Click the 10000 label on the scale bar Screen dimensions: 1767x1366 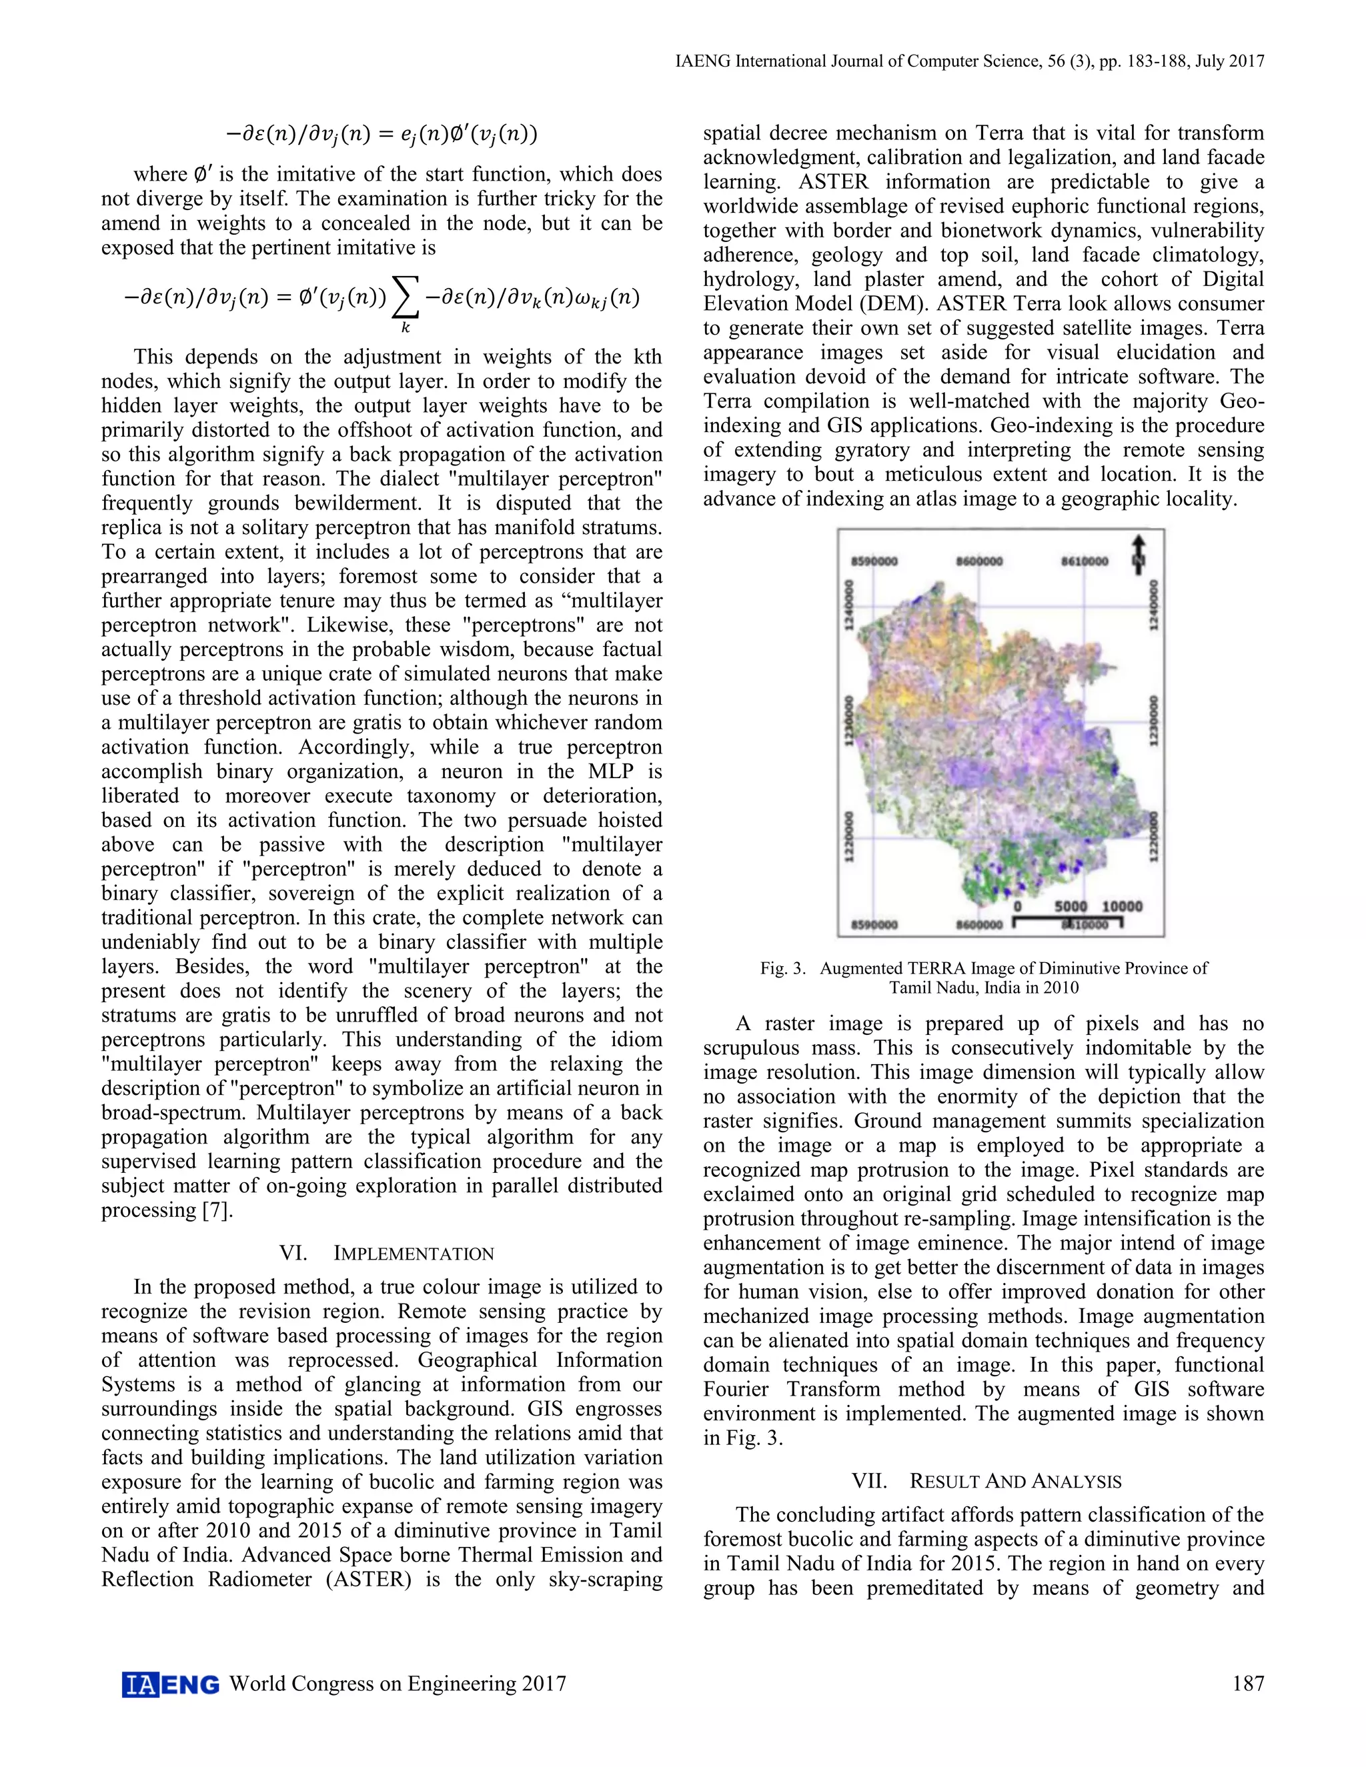(1123, 906)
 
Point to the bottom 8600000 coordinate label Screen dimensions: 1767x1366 (978, 924)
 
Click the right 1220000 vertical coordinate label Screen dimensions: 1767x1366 (1153, 839)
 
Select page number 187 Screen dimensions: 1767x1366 (1248, 1684)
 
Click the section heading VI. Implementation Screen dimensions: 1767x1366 (386, 1254)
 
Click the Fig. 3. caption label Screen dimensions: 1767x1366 (782, 968)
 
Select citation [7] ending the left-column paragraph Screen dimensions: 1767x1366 (217, 1210)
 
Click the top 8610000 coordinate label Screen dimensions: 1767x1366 (1085, 561)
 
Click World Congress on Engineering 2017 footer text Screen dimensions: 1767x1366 (398, 1684)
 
